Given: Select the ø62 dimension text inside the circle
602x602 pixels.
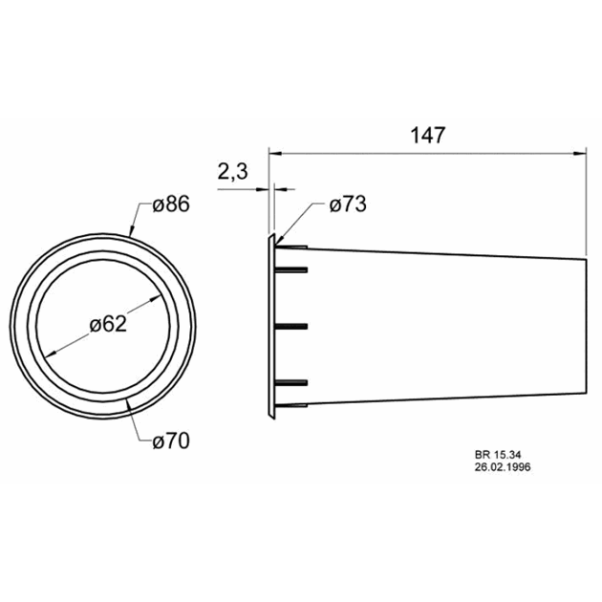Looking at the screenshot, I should (108, 324).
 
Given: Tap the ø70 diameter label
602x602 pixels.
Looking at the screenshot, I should (171, 441).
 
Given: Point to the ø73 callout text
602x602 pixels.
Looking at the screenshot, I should (347, 204).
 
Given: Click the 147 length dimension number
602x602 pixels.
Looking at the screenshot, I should (428, 136).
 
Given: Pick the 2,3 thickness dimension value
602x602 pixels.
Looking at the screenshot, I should (233, 172).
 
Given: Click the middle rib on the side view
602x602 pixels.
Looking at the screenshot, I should (292, 327).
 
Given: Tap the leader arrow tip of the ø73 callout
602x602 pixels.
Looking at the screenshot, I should (278, 239).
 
